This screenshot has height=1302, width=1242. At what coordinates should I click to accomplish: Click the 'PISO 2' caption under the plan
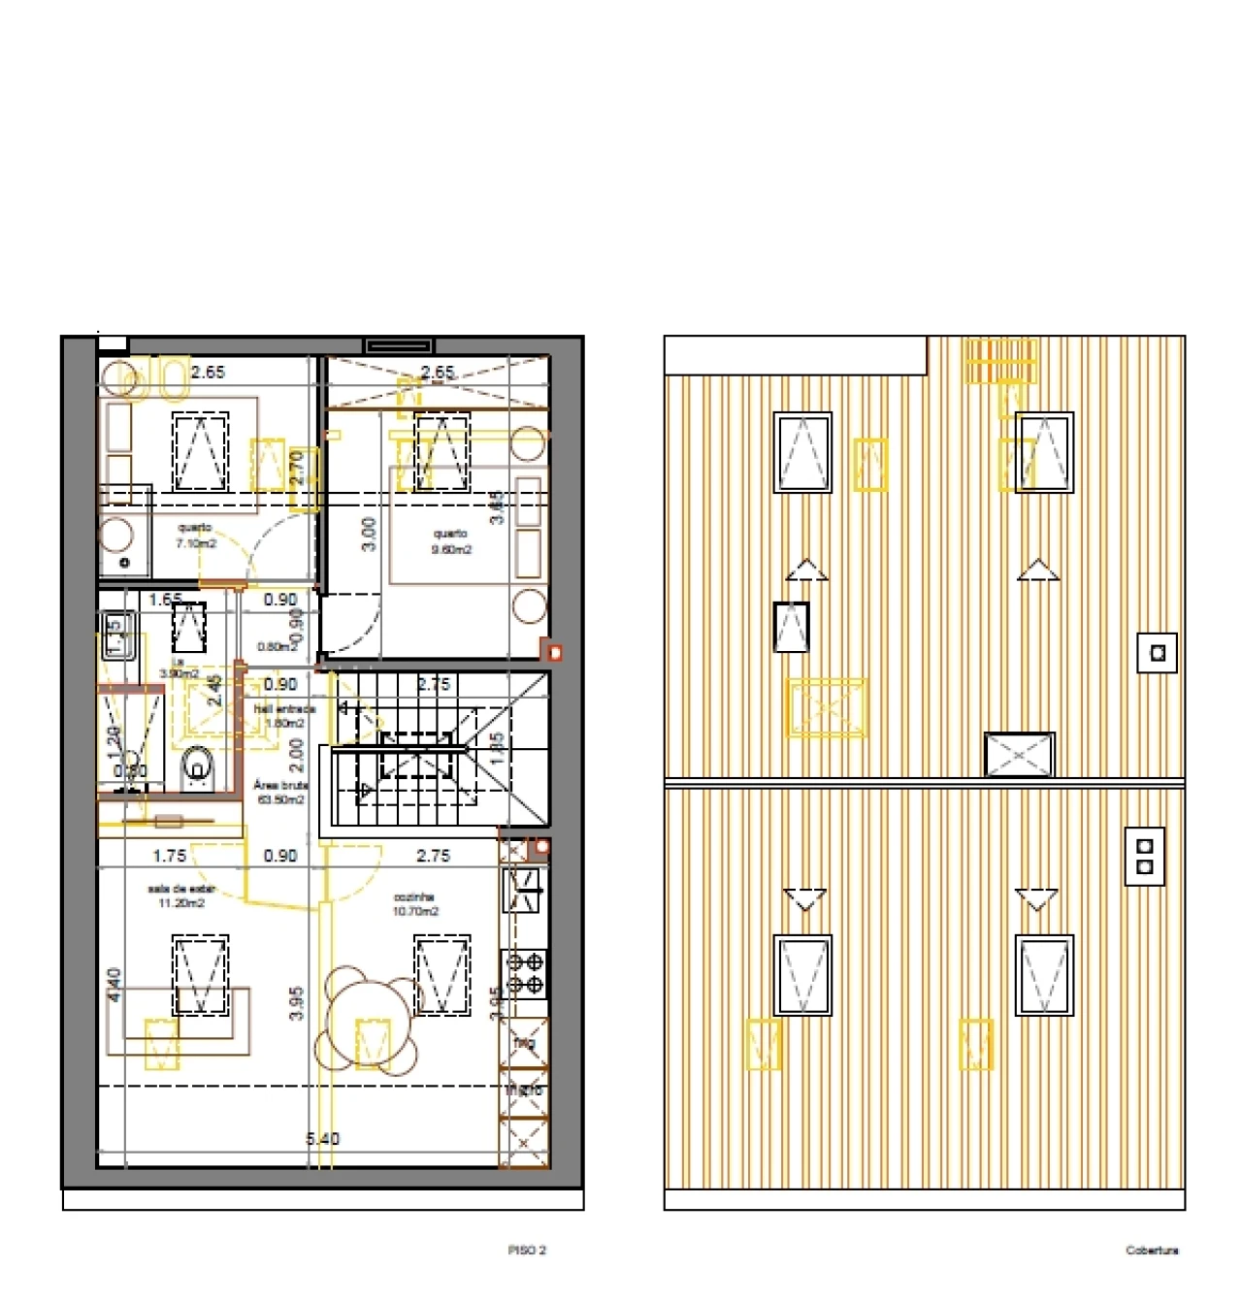(527, 1251)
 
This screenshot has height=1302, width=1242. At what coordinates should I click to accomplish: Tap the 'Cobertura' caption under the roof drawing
(1152, 1251)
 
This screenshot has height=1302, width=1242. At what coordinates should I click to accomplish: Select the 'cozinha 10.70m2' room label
(415, 904)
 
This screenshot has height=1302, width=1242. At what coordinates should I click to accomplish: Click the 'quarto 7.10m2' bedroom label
(195, 536)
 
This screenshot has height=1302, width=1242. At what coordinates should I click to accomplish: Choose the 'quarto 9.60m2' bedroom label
(450, 541)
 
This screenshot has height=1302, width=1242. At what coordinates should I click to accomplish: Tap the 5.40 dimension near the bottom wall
(323, 1138)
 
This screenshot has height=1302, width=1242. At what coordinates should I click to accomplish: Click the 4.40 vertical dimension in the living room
(114, 985)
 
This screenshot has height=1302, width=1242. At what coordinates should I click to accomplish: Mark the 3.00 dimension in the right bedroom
(369, 534)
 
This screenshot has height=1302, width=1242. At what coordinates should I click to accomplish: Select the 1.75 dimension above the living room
(170, 856)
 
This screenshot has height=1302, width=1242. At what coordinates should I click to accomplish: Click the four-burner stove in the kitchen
(525, 974)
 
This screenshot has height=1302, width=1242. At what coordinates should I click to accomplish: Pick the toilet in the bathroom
(198, 769)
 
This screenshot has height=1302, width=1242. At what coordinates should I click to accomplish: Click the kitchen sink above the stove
(525, 891)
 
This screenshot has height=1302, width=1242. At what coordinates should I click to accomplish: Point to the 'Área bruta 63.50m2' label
(281, 793)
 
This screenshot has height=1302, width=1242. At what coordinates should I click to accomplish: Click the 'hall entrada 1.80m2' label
(284, 716)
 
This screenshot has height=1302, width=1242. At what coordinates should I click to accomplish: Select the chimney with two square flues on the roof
(1145, 856)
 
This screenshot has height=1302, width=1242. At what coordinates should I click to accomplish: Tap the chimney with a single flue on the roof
(1158, 653)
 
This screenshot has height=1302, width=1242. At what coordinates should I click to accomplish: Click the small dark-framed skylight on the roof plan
(792, 627)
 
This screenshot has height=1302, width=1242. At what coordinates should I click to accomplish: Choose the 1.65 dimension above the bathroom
(166, 600)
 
